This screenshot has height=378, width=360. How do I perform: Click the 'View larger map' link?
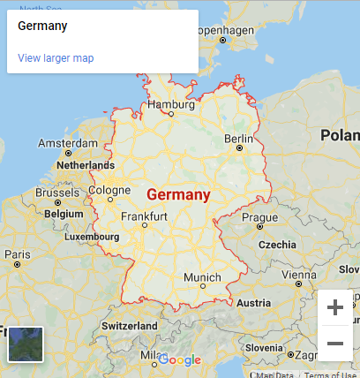pyautogui.click(x=56, y=58)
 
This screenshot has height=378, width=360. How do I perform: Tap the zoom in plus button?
pyautogui.click(x=335, y=307)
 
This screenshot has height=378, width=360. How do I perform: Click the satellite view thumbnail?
pyautogui.click(x=25, y=344)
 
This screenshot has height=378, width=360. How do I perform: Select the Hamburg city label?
pyautogui.click(x=170, y=104)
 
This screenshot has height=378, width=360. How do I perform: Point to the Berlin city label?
pyautogui.click(x=238, y=139)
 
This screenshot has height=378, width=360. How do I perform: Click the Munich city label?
pyautogui.click(x=202, y=277)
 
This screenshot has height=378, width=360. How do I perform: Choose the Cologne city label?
pyautogui.click(x=109, y=189)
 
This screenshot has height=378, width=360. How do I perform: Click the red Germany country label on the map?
pyautogui.click(x=179, y=194)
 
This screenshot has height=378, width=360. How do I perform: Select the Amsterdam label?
pyautogui.click(x=68, y=143)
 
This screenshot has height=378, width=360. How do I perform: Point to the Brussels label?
pyautogui.click(x=57, y=193)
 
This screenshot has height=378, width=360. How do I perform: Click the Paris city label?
pyautogui.click(x=17, y=253)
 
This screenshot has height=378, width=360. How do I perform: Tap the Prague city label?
pyautogui.click(x=259, y=217)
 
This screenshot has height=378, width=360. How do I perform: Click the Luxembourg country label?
pyautogui.click(x=91, y=237)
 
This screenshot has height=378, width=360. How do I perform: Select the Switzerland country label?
pyautogui.click(x=130, y=326)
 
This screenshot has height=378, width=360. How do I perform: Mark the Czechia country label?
pyautogui.click(x=277, y=245)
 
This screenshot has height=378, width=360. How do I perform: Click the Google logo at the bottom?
pyautogui.click(x=180, y=360)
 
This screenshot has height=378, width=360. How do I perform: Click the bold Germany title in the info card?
pyautogui.click(x=42, y=26)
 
